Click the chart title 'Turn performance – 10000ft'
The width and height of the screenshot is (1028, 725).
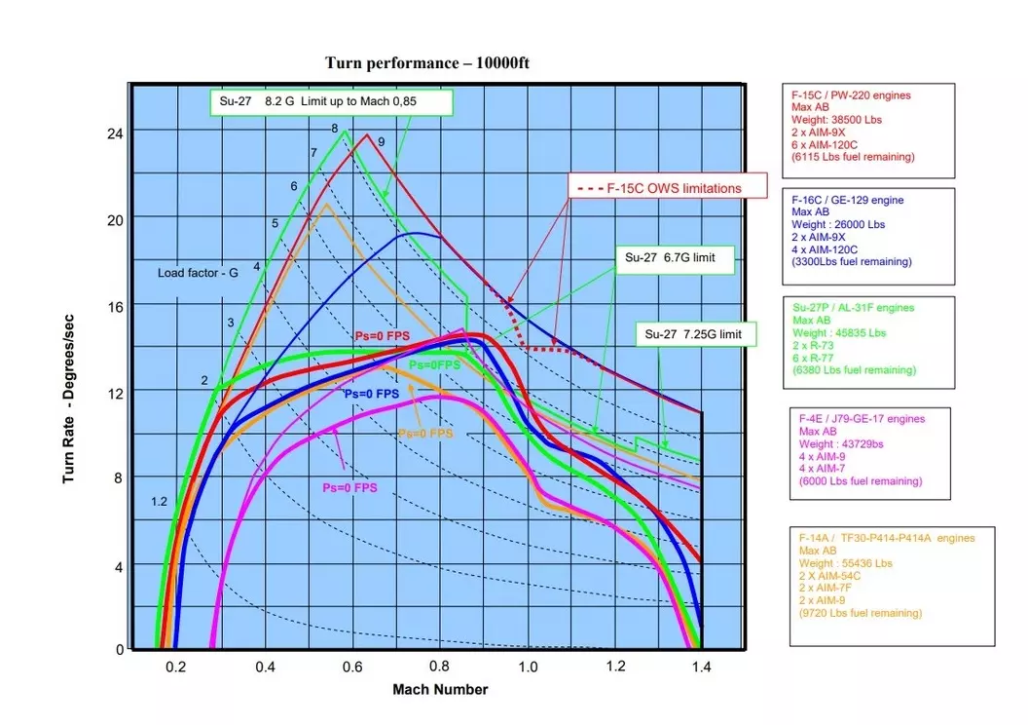pos(426,63)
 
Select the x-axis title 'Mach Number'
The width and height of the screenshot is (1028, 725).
pos(440,690)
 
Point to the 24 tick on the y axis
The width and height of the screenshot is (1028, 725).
pos(114,132)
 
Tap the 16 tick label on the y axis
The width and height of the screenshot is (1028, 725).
pos(114,306)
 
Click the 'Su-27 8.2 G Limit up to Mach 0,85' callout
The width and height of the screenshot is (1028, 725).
pos(330,101)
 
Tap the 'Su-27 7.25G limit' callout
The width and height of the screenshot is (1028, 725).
pos(693,334)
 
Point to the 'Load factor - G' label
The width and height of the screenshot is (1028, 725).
pos(198,273)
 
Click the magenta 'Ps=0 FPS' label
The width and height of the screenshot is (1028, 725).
pos(350,487)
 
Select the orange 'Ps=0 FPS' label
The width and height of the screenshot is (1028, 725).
pos(425,433)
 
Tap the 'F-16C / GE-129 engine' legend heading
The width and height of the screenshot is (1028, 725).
pos(848,200)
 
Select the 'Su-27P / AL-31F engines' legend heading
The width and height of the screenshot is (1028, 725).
pos(854,308)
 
